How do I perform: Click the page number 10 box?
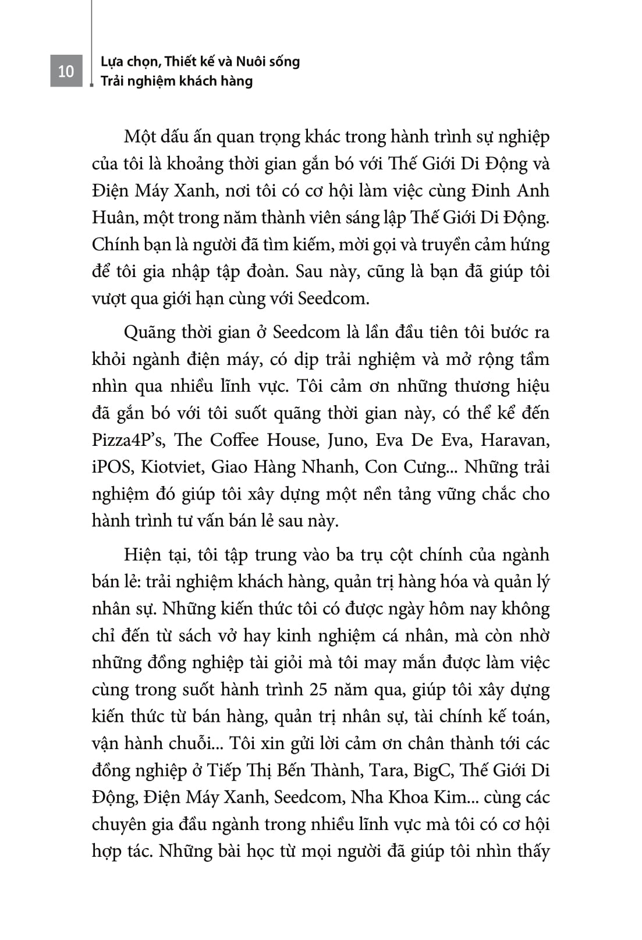click(x=66, y=71)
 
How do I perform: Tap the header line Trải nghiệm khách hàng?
click(x=176, y=81)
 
